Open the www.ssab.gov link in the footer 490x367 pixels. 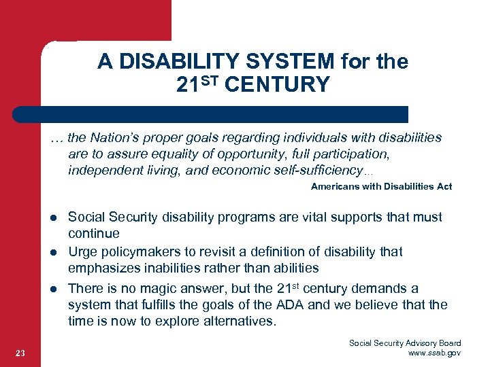(433, 353)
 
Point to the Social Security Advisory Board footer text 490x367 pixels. (405, 343)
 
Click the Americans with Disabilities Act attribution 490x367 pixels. (381, 186)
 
